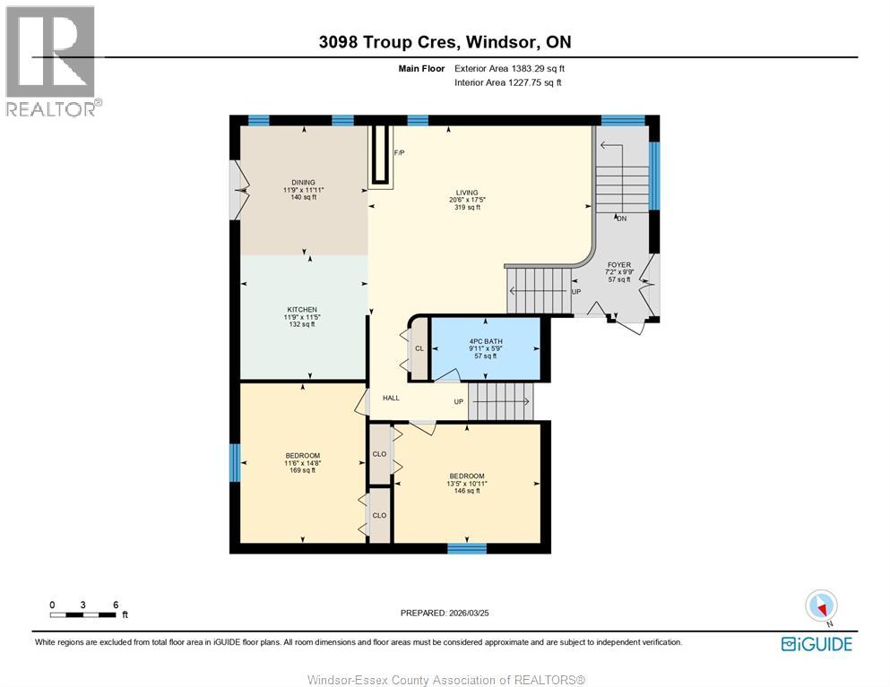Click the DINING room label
303,182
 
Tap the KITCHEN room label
302,310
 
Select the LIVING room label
466,193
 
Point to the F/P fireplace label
399,153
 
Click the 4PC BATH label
486,341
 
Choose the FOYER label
618,265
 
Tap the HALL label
392,399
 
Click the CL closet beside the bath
419,348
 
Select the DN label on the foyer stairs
619,219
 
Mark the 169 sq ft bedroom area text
302,470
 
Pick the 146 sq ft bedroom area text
467,491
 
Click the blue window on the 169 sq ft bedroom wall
235,463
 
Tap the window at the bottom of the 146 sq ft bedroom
467,548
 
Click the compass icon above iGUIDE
821,606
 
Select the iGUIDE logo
817,644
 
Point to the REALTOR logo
52,61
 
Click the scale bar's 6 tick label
116,605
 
